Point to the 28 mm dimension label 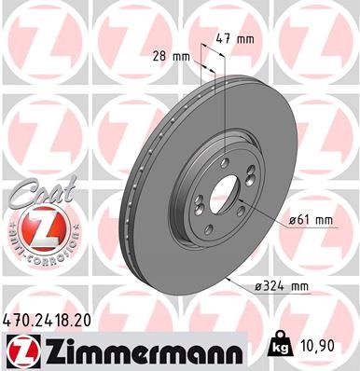coord(177,56)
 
